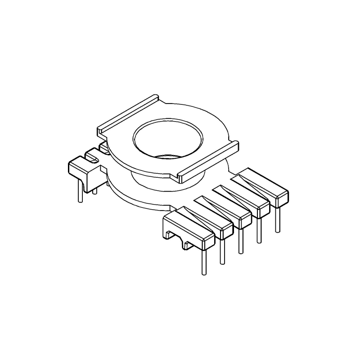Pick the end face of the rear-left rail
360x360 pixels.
click(101, 133)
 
